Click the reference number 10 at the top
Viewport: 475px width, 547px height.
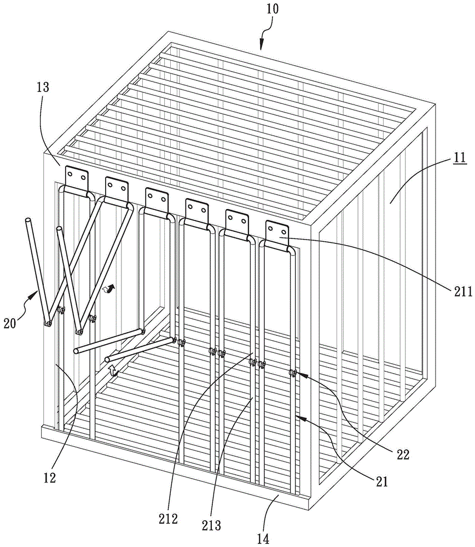(273, 9)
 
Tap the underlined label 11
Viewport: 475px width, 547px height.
(460, 158)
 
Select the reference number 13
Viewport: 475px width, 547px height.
(43, 87)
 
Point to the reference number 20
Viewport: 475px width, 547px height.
(10, 323)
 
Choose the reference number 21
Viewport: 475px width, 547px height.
(381, 481)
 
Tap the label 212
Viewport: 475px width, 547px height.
(168, 519)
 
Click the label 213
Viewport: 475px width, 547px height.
(211, 525)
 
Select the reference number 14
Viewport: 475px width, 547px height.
(263, 539)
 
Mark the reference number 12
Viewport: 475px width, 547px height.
(50, 478)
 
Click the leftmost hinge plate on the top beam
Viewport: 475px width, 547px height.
(77, 179)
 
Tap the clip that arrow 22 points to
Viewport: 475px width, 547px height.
(292, 373)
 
